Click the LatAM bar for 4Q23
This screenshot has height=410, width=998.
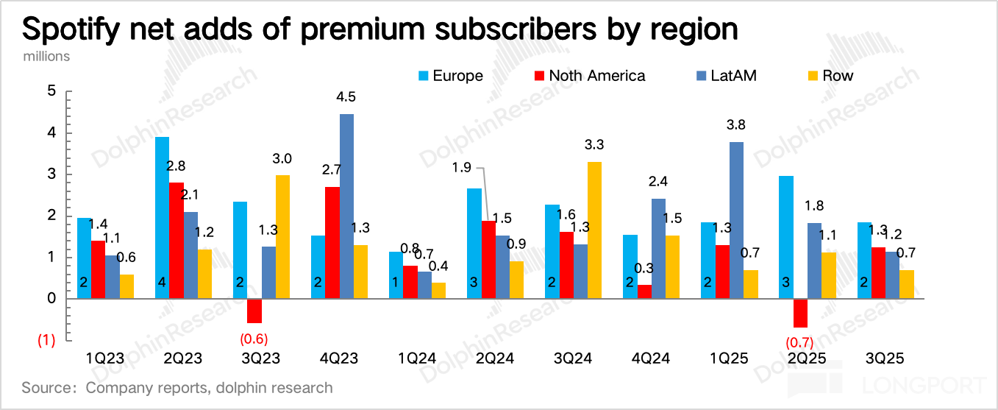(x=346, y=206)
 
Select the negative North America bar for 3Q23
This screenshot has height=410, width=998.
(x=254, y=311)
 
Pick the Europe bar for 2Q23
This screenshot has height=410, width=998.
(x=162, y=217)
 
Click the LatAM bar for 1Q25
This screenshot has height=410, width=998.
(x=736, y=220)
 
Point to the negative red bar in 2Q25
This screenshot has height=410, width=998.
(x=800, y=313)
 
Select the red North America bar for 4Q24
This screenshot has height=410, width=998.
(x=644, y=291)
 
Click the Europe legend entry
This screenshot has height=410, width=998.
(x=450, y=76)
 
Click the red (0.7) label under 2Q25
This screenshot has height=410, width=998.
(x=799, y=342)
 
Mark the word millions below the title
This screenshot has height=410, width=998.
(x=46, y=56)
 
